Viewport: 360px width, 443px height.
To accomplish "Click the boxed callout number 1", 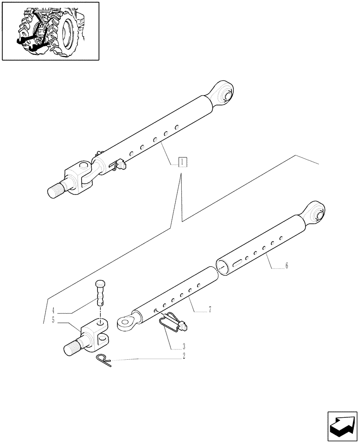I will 182,162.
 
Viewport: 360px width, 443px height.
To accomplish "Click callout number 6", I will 286,266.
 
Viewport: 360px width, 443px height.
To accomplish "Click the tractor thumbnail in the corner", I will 51,31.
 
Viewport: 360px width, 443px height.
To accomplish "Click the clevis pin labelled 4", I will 101,293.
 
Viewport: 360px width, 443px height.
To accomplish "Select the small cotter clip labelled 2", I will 104,360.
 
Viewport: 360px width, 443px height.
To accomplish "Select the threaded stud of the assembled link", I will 56,190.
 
